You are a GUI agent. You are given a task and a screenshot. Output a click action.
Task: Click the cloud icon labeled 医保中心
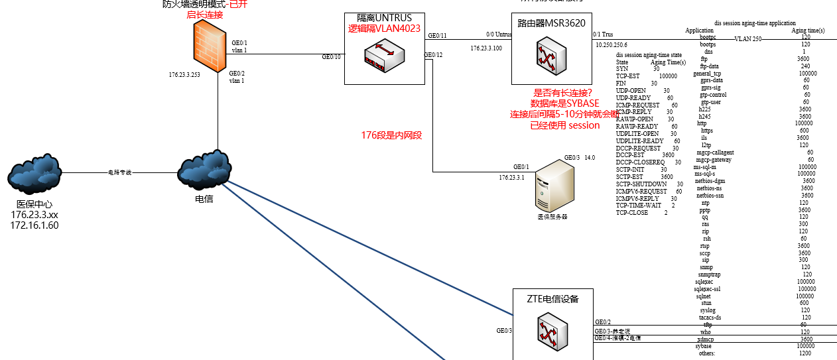34,174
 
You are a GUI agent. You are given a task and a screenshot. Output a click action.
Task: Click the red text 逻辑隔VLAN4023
384,29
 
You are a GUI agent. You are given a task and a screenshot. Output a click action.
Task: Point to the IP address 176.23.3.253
184,75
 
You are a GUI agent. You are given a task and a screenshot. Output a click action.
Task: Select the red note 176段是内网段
391,135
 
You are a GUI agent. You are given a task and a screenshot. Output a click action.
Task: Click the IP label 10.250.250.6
611,45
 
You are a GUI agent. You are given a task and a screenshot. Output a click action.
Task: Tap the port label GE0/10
331,57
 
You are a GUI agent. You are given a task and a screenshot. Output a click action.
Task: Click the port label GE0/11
437,35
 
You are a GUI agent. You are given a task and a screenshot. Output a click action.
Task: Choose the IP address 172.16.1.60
34,225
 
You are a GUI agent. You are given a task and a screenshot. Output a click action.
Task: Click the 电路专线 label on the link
120,172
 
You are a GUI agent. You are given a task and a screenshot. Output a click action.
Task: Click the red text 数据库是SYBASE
564,103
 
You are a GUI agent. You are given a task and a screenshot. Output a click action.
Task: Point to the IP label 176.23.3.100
486,48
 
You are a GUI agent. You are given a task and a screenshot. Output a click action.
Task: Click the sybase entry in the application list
703,346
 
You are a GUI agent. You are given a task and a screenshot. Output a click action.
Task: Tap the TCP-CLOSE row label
631,213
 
